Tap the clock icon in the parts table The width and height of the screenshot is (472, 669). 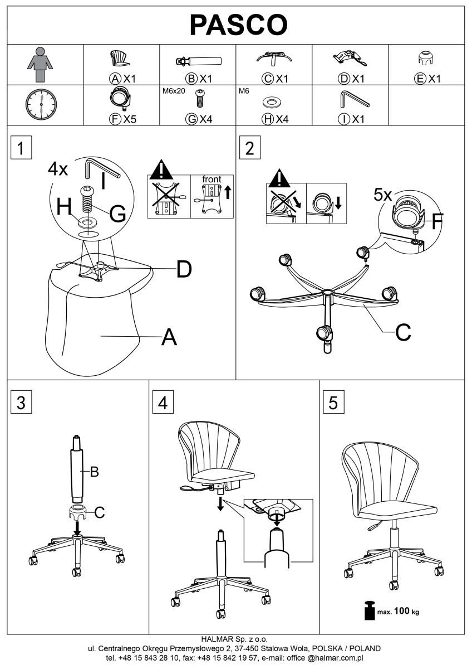pos(41,104)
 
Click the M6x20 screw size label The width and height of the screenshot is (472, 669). pos(173,91)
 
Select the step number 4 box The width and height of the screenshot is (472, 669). pos(162,403)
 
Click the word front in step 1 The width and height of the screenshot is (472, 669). pos(212,180)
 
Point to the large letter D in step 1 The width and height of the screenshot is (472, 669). pos(184,270)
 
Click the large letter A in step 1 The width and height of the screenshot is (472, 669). pos(169,337)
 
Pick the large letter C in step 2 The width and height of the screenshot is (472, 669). pos(404,332)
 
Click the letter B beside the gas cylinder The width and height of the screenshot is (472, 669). pos(94,472)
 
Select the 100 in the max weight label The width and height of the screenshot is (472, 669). pos(401,611)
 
